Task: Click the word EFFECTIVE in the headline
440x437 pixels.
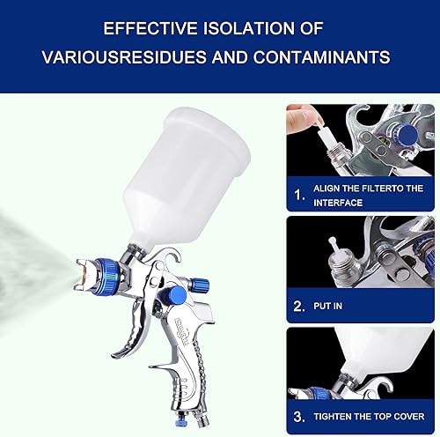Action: (x=150, y=28)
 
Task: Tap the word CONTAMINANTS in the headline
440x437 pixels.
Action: (x=322, y=56)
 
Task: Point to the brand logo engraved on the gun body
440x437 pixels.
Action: (x=181, y=331)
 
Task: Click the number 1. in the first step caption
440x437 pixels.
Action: (x=299, y=195)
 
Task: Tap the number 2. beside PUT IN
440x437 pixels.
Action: (x=299, y=306)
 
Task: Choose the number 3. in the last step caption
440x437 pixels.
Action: (x=299, y=417)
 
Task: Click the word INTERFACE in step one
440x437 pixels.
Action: (x=338, y=203)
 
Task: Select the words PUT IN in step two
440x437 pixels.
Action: (x=328, y=306)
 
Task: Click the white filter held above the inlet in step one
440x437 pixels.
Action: (x=326, y=137)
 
